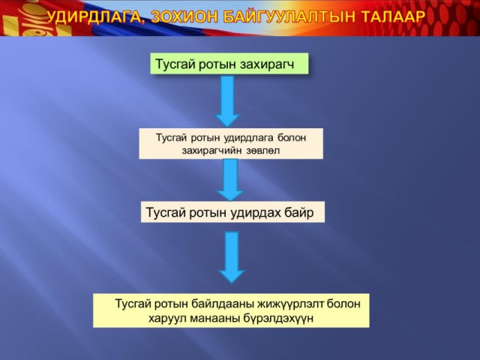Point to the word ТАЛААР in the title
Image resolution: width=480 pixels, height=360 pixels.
click(x=393, y=16)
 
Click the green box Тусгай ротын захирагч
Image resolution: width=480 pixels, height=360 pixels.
click(x=229, y=63)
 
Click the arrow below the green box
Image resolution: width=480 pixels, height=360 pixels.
click(x=227, y=101)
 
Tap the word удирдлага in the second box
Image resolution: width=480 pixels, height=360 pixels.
click(x=248, y=138)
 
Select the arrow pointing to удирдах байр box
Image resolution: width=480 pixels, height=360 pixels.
click(x=230, y=180)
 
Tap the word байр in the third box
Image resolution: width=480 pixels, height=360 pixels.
click(x=299, y=212)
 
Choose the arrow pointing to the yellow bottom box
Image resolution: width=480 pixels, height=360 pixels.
click(x=232, y=257)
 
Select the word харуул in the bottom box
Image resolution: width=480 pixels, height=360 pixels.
click(x=167, y=319)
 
